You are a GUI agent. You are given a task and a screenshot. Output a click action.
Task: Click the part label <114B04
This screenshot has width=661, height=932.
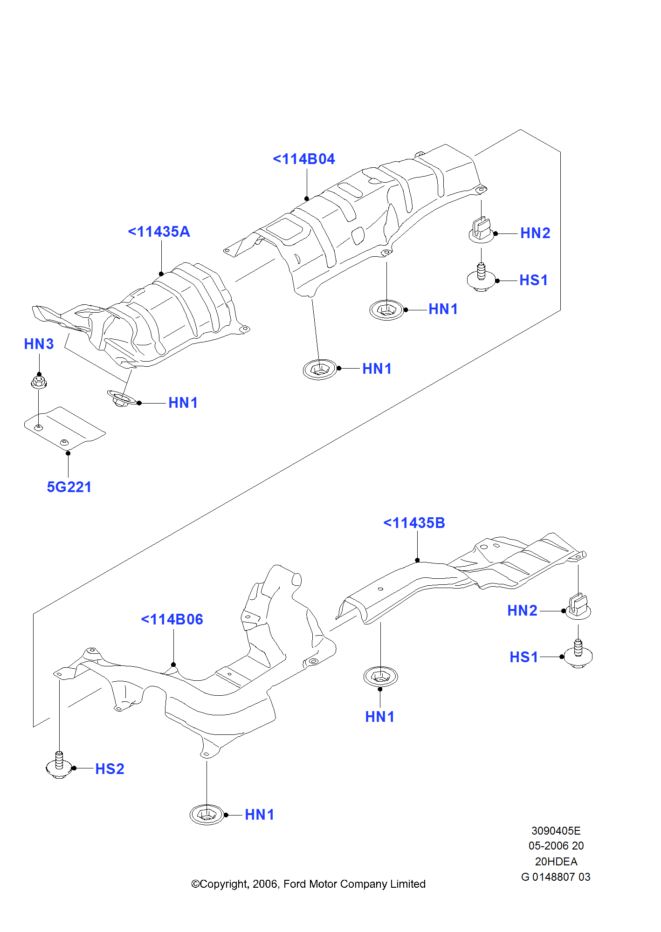click(x=304, y=159)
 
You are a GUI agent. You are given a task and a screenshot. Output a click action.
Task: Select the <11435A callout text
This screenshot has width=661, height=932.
click(x=159, y=232)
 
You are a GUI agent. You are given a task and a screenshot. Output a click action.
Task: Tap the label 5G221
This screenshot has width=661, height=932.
click(x=69, y=487)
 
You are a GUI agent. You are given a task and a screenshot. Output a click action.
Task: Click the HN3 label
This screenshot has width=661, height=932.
click(x=39, y=344)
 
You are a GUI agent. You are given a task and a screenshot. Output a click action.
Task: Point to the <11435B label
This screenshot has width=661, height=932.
click(x=414, y=523)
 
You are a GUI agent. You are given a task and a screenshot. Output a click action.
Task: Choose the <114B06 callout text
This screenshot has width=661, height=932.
click(x=172, y=620)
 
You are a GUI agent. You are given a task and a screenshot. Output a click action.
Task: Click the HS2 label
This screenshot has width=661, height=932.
click(x=110, y=769)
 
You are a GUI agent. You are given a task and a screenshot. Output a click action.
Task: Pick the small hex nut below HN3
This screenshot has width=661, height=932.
click(x=39, y=383)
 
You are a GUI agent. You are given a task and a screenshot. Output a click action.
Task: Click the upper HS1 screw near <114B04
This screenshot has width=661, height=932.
click(x=481, y=278)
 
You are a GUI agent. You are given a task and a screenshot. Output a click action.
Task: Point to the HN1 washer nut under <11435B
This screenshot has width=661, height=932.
click(x=380, y=676)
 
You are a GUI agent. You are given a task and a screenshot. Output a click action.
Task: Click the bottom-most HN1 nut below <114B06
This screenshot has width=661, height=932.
click(x=207, y=815)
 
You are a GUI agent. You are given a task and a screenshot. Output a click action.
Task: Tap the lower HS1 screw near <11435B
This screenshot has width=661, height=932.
click(x=578, y=655)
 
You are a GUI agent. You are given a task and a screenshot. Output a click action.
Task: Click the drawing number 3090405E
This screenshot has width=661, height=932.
click(x=556, y=831)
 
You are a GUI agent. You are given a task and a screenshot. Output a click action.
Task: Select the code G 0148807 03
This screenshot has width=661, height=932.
click(x=556, y=877)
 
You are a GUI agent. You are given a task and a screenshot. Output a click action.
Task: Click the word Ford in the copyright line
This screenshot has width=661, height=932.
click(x=295, y=884)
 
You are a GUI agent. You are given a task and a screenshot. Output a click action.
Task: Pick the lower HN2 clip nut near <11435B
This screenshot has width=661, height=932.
click(x=578, y=607)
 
